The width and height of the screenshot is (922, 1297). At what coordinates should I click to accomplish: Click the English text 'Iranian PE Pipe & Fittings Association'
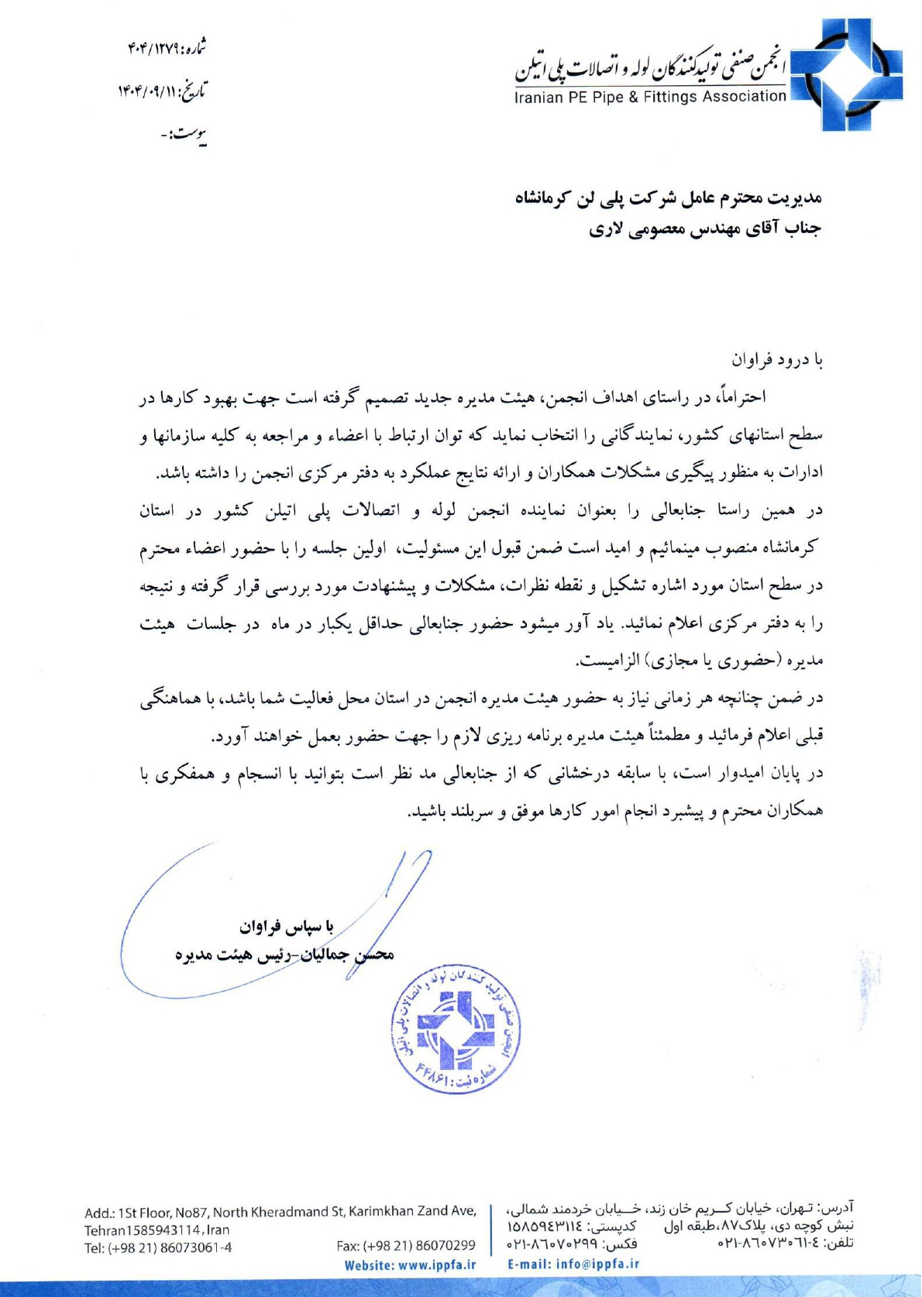click(x=650, y=97)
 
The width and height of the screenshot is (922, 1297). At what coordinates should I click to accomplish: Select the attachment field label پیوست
click(x=190, y=136)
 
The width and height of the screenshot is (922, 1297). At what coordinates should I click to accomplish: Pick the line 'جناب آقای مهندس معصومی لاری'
click(x=704, y=230)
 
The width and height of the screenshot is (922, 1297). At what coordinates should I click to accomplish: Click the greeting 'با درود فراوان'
click(x=777, y=360)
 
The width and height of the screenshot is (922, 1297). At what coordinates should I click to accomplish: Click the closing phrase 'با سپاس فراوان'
click(x=286, y=926)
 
